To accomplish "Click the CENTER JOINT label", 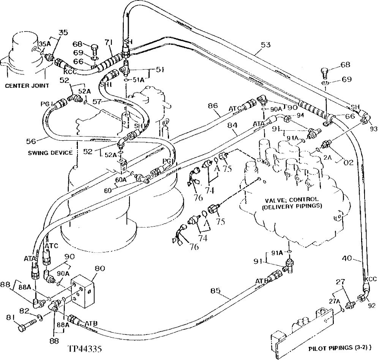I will click(x=27, y=86).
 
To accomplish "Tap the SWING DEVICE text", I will click(x=50, y=153).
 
